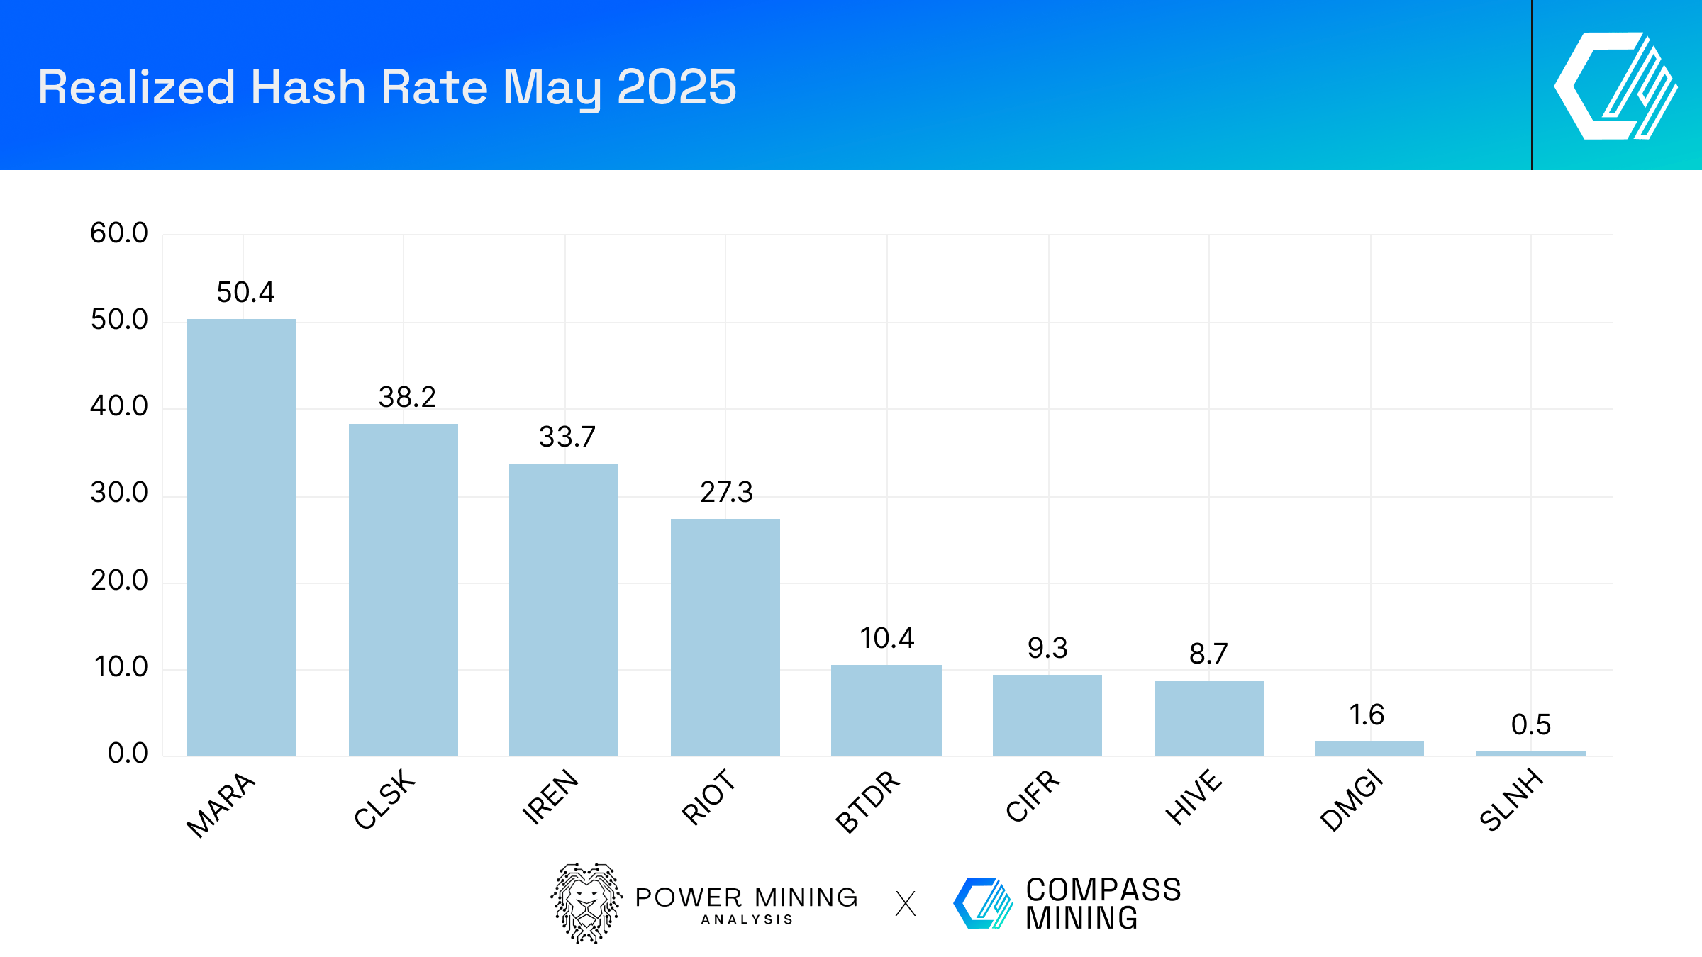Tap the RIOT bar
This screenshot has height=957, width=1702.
[725, 637]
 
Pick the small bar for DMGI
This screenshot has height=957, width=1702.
[1369, 749]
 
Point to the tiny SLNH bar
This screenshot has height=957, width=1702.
[1531, 754]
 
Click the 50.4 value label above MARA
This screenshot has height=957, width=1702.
[245, 293]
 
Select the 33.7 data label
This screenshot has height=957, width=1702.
[567, 437]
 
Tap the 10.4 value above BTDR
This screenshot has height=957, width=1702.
[887, 639]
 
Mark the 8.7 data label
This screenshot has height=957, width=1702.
[1208, 654]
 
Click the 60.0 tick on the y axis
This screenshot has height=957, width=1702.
[119, 233]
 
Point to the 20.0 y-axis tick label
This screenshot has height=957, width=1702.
[119, 581]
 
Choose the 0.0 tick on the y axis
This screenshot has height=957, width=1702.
[128, 754]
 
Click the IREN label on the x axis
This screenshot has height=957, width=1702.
[550, 797]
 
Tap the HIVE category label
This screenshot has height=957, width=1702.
[1194, 797]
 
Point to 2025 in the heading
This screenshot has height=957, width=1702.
[677, 87]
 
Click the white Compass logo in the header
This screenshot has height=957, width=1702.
[1616, 86]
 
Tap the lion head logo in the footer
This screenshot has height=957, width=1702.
[586, 903]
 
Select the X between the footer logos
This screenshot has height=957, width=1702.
[906, 904]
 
